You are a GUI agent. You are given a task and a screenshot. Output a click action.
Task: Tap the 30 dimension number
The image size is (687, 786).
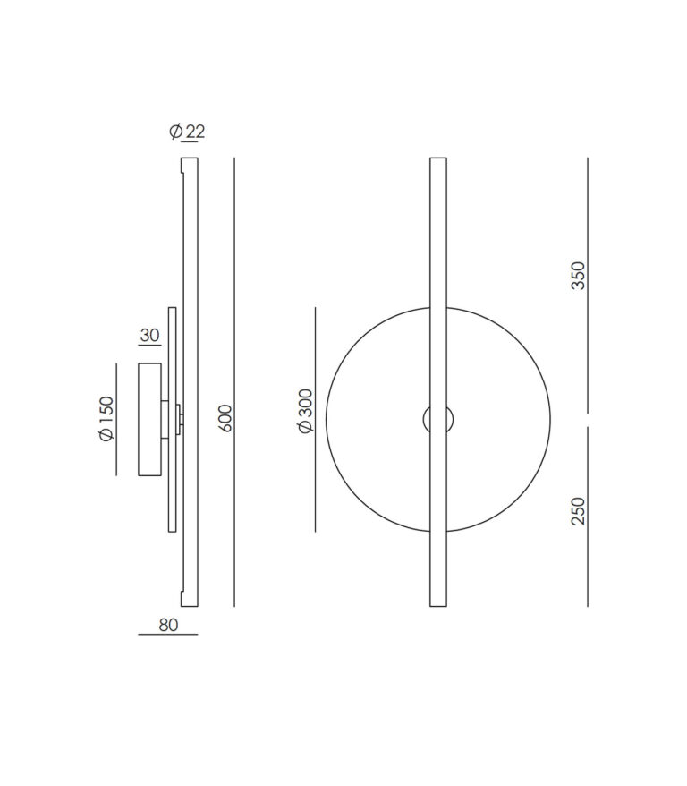pyautogui.click(x=149, y=336)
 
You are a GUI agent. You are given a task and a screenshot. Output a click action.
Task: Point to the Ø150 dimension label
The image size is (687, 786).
pyautogui.click(x=106, y=418)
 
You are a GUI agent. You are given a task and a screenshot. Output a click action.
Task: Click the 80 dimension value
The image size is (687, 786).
pyautogui.click(x=168, y=625)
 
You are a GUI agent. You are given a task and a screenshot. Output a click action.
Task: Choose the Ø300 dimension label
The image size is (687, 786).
pyautogui.click(x=306, y=411)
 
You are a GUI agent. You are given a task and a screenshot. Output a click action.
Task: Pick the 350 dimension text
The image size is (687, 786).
pyautogui.click(x=578, y=275)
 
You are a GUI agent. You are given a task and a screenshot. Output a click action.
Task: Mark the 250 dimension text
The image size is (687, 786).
pyautogui.click(x=578, y=510)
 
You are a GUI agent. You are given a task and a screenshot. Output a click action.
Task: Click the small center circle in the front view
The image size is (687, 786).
pyautogui.click(x=438, y=418)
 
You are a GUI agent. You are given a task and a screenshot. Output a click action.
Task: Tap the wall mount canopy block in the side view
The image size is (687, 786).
pyautogui.click(x=149, y=418)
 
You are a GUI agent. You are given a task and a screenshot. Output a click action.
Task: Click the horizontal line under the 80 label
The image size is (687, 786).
pyautogui.click(x=168, y=635)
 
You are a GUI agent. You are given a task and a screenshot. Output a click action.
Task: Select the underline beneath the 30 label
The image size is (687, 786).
pyautogui.click(x=149, y=346)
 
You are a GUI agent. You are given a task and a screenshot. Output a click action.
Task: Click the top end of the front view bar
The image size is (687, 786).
pyautogui.click(x=438, y=160)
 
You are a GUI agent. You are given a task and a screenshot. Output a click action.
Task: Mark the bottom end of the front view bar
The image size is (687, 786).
pyautogui.click(x=438, y=604)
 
